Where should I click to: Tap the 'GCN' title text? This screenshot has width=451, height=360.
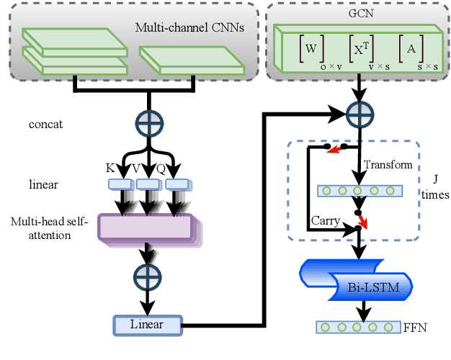pyautogui.click(x=353, y=11)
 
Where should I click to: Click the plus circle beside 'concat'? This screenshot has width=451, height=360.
pyautogui.click(x=149, y=123)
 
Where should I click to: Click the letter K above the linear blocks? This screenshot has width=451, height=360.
pyautogui.click(x=110, y=168)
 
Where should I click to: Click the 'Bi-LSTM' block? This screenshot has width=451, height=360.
pyautogui.click(x=364, y=288)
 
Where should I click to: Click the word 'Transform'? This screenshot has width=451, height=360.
pyautogui.click(x=387, y=164)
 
